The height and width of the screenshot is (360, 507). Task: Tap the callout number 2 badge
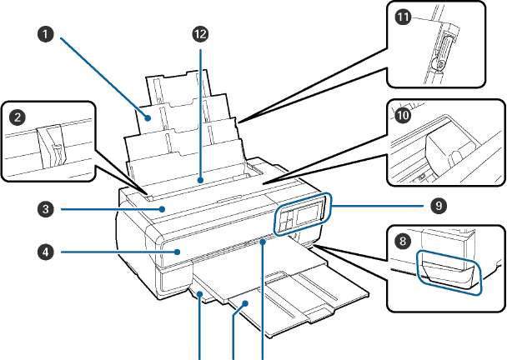click(x=14, y=117)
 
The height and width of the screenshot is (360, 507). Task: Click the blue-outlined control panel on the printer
click(x=302, y=215)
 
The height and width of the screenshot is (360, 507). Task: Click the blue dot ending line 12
click(x=201, y=177)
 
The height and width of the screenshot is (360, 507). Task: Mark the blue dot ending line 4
click(x=177, y=249)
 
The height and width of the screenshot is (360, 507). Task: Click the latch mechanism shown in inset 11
click(x=443, y=47)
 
